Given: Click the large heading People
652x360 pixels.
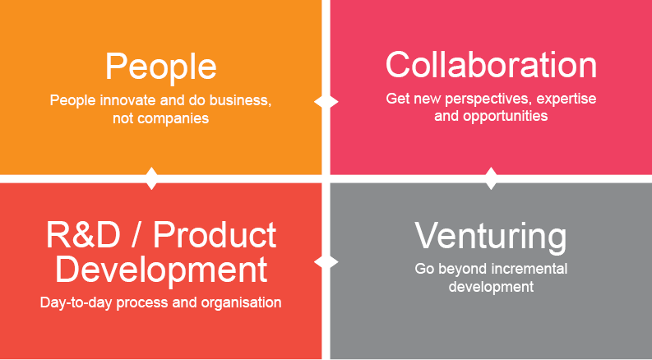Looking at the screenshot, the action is coord(160,67).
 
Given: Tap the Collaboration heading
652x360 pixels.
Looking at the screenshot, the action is coord(491,65).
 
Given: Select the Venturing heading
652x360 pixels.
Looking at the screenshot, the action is coord(491,238).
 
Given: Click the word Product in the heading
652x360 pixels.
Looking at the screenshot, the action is coord(215,235).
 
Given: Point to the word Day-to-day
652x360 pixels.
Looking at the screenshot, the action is coord(76,303).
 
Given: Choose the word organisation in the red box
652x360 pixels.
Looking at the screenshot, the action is coord(241,303).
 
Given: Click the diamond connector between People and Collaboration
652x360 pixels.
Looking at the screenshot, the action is coord(326,102).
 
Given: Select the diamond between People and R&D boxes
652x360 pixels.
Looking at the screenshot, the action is coord(152,178).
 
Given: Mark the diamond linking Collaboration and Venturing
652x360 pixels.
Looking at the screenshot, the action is coord(491,178).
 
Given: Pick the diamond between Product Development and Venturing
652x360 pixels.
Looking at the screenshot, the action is coord(326,262).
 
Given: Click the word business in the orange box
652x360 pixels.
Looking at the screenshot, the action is coord(240,101).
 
